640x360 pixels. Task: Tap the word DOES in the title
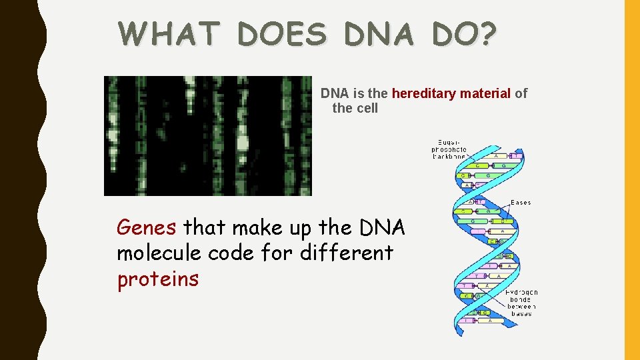pyautogui.click(x=283, y=34)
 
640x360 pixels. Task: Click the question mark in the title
pyautogui.click(x=488, y=34)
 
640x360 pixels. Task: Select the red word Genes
pyautogui.click(x=146, y=228)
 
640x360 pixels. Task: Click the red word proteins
pyautogui.click(x=157, y=279)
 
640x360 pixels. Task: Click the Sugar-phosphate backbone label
pyautogui.click(x=449, y=149)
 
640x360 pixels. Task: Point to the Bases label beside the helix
pyautogui.click(x=521, y=202)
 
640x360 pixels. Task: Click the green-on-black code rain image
pyautogui.click(x=207, y=135)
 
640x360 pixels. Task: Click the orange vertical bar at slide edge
pyautogui.click(x=631, y=180)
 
